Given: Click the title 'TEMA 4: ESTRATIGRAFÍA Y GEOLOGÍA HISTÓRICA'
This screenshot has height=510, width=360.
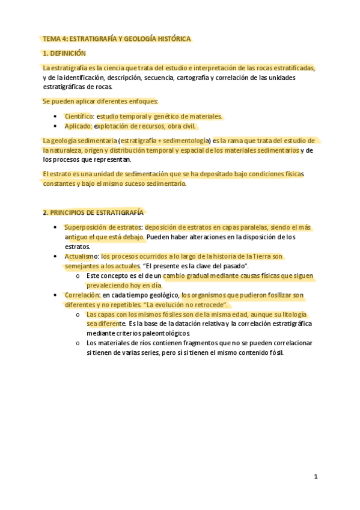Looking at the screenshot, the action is click(x=117, y=39).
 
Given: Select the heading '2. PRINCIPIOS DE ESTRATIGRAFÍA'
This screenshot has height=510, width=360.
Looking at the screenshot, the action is click(x=93, y=212).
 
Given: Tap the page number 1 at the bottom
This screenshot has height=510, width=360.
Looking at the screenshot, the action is click(x=316, y=476).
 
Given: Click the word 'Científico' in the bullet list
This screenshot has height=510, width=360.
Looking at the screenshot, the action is click(x=79, y=116).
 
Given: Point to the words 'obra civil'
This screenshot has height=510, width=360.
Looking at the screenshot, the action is click(x=180, y=126).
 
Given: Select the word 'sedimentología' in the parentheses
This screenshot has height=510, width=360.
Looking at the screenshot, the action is click(x=183, y=140).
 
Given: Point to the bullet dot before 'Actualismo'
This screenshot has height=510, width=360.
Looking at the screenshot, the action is click(x=55, y=257).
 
